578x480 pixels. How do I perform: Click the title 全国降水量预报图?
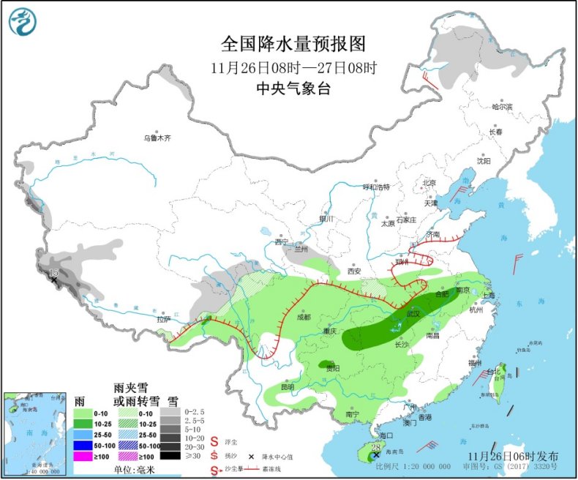tap(293, 44)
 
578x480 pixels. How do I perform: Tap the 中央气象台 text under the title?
tap(293, 88)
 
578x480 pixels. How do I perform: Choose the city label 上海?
tap(489, 295)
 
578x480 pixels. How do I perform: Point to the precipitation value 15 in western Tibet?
tap(53, 273)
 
